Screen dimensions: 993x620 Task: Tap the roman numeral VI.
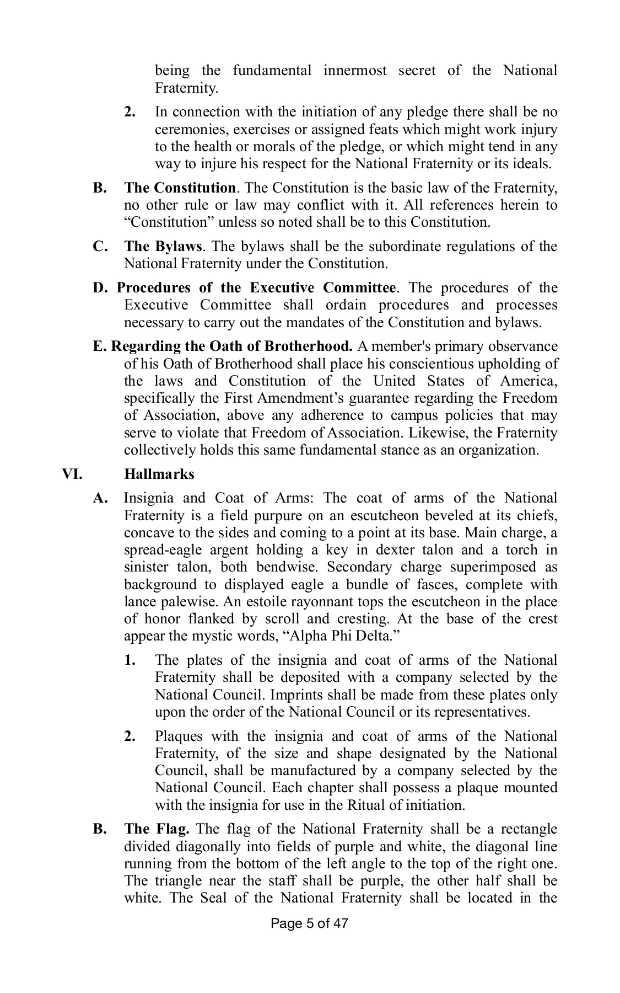[71, 474]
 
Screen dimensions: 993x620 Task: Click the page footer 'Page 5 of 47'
[310, 923]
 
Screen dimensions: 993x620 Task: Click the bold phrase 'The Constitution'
[180, 188]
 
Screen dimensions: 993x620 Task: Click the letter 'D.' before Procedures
[103, 287]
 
